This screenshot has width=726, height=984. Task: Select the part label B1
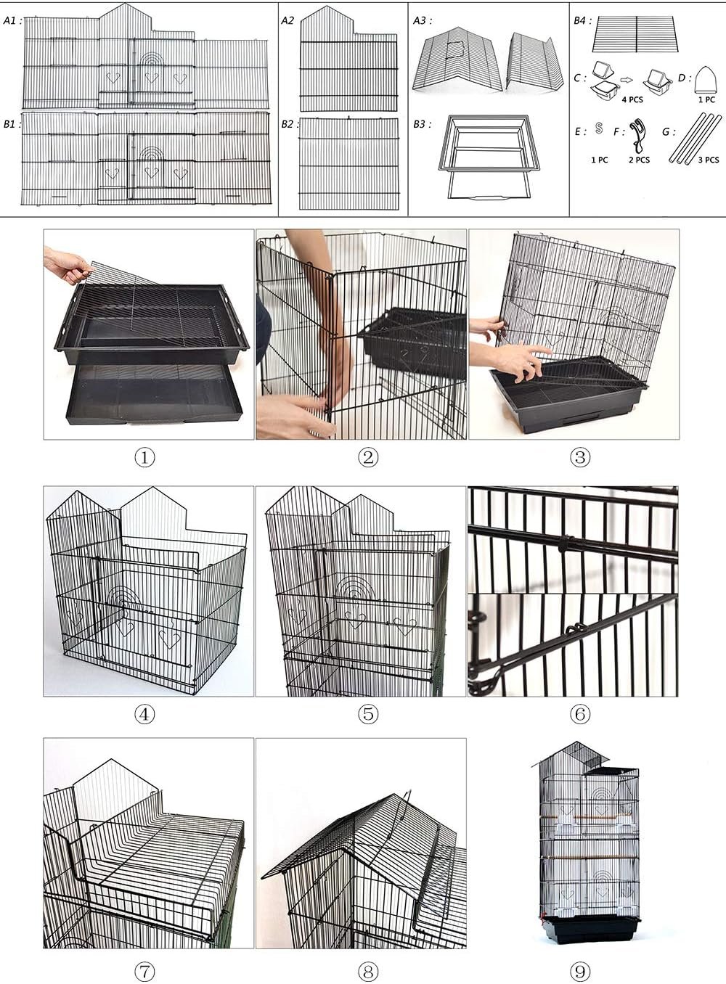12,124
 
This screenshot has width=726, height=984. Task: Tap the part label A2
287,20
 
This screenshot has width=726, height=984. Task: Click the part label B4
582,20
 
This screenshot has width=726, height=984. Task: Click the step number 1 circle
144,458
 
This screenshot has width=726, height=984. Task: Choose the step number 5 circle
368,715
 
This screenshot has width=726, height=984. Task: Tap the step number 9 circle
579,971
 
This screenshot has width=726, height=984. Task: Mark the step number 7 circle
144,971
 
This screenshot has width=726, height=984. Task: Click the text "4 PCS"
632,99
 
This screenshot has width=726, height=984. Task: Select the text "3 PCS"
709,160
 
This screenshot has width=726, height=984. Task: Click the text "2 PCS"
639,160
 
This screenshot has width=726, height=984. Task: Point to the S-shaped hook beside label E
598,128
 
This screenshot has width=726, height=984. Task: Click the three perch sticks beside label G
696,139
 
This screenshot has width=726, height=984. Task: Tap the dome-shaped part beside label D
706,80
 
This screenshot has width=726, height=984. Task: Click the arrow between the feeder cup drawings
627,80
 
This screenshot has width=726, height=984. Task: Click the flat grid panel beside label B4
635,34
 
